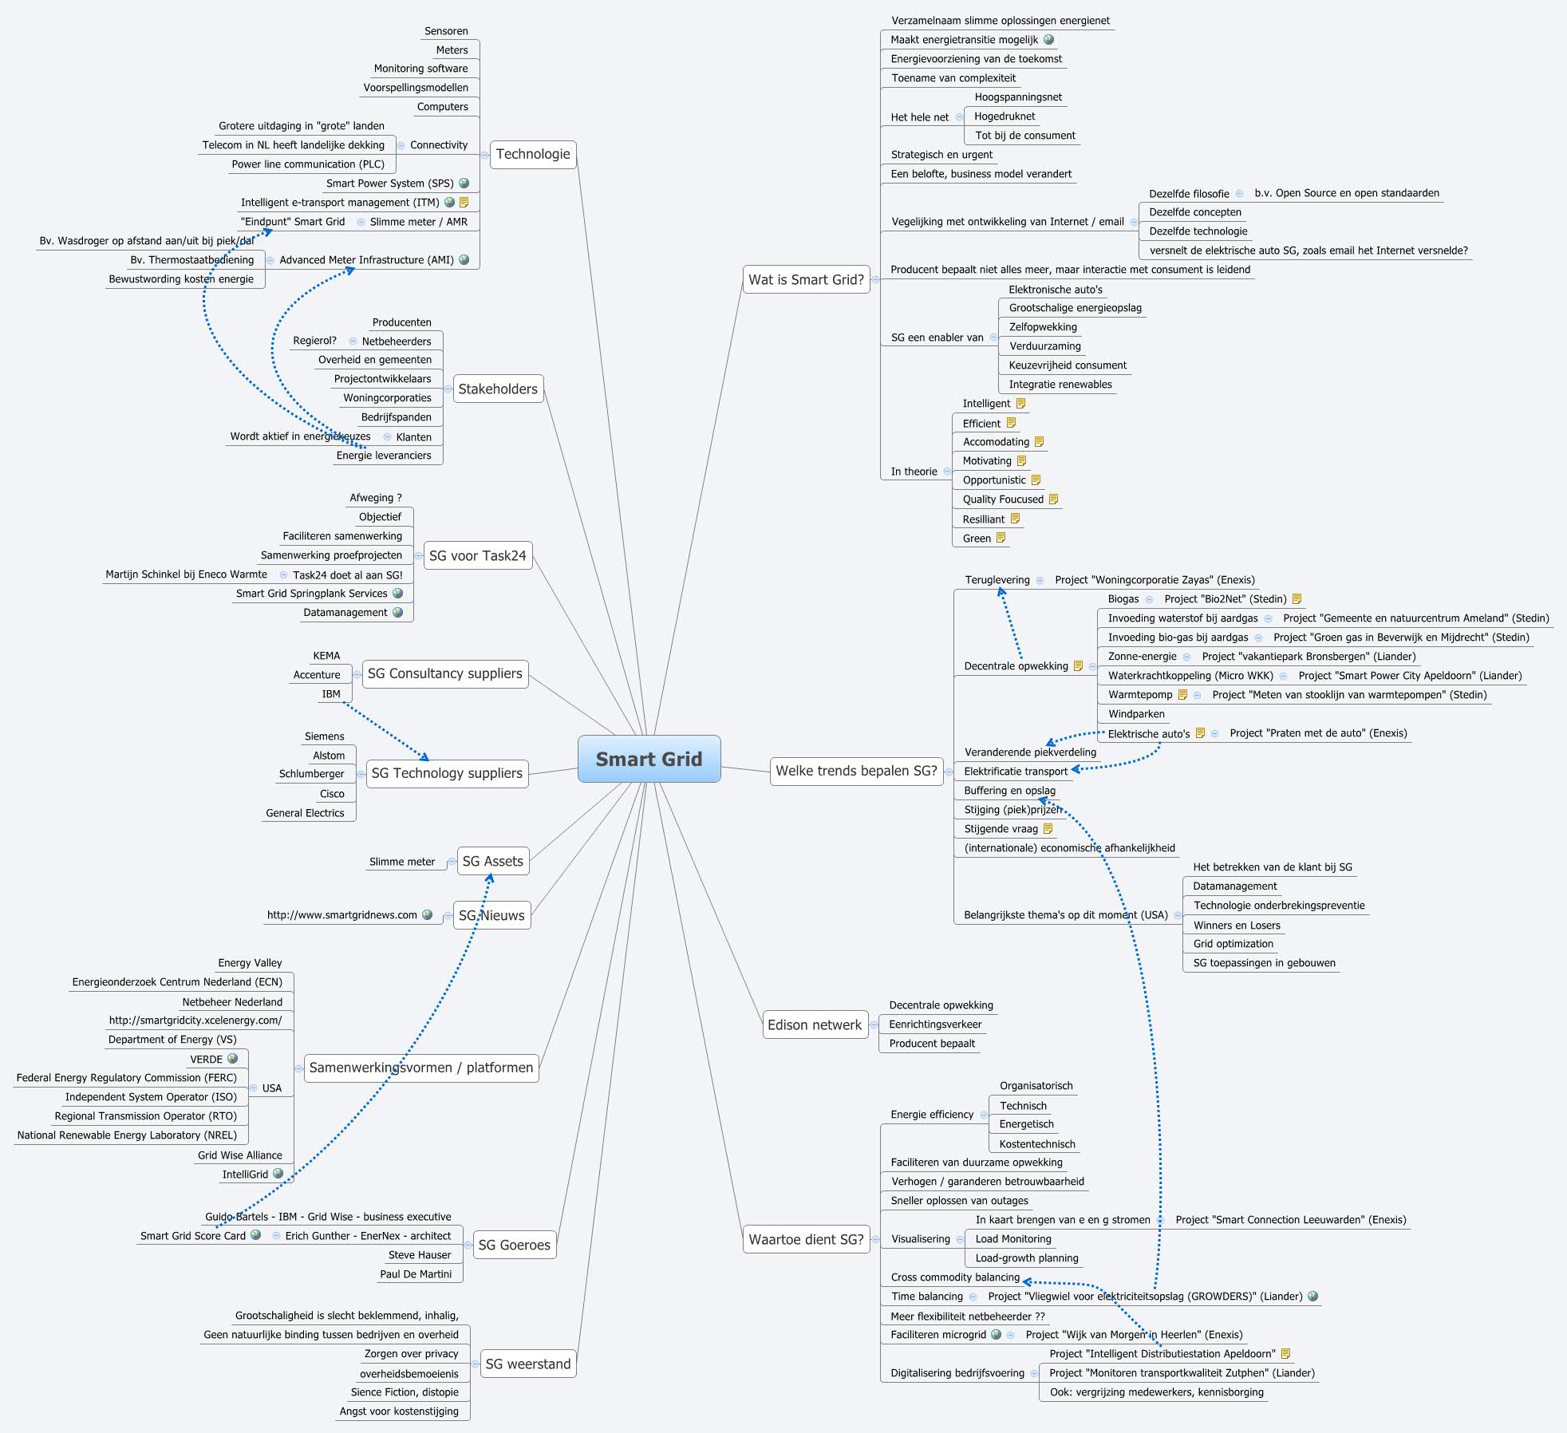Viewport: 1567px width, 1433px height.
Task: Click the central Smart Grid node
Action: point(649,759)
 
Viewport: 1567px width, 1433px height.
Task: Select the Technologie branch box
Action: point(532,154)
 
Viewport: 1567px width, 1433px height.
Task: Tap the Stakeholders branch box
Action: point(498,389)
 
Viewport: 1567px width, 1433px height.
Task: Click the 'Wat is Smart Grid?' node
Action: point(806,279)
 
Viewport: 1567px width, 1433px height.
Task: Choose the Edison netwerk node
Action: point(814,1024)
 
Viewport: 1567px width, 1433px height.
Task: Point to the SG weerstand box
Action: point(527,1364)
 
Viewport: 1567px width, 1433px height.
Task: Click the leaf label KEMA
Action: point(326,655)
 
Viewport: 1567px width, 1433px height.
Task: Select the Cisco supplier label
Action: point(332,794)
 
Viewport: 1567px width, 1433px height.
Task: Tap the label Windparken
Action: point(1136,714)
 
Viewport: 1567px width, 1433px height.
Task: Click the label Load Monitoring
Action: point(1013,1239)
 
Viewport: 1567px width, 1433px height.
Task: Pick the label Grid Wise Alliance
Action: point(240,1155)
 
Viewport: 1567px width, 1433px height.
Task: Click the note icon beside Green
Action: point(1001,538)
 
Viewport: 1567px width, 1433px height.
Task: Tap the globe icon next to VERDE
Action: point(233,1059)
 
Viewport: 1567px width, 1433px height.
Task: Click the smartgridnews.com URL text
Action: point(341,915)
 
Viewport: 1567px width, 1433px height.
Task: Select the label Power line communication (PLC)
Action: point(308,164)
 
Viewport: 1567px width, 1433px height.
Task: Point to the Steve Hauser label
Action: point(420,1255)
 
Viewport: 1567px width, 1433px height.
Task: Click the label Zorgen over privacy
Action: point(412,1353)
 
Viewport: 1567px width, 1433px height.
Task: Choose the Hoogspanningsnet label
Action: point(1018,97)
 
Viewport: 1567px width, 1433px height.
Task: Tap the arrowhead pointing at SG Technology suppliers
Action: point(424,756)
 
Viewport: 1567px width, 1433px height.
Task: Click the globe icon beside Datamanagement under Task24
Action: point(397,612)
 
